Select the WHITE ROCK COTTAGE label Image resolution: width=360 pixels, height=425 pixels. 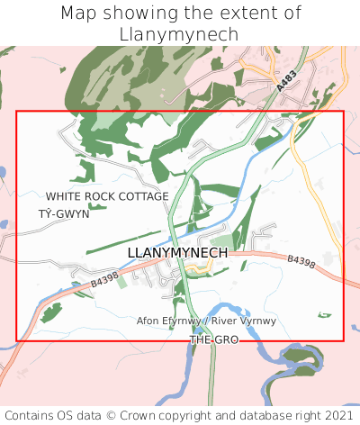coord(107,196)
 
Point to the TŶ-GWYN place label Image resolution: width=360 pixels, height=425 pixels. coord(64,214)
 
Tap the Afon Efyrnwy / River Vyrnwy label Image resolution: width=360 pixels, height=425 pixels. coord(206,321)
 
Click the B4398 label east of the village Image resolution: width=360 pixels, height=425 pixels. coord(301,261)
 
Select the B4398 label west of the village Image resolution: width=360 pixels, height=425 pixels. coord(104,282)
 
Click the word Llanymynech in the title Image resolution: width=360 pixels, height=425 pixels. coord(180,33)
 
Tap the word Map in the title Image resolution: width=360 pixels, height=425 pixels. coord(79,13)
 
